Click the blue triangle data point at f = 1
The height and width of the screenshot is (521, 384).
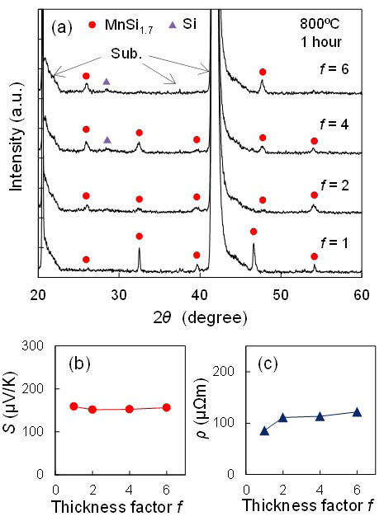[264, 430]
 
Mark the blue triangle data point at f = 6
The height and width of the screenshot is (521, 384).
[357, 411]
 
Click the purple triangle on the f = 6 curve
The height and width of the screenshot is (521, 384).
[107, 82]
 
